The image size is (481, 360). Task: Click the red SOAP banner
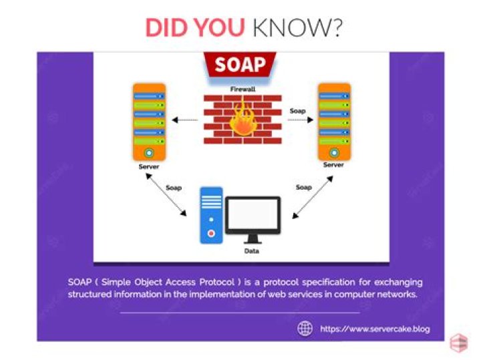pos(240,65)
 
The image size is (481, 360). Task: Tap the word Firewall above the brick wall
pos(243,89)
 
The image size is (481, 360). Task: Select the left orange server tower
pos(149,122)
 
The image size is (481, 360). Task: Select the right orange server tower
pos(335,122)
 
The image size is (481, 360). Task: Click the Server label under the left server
pos(149,167)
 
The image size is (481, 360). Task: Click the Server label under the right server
pos(333,165)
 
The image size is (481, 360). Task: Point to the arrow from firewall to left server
pos(184,120)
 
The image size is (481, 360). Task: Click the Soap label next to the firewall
pos(297,111)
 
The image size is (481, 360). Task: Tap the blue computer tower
pos(211,215)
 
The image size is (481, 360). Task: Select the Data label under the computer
pos(252,251)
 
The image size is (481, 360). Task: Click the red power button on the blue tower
pos(211,234)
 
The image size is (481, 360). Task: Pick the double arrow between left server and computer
pos(166,195)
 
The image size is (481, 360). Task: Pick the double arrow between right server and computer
pos(313,197)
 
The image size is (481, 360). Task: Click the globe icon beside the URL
pos(305,329)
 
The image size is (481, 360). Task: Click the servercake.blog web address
pos(375,329)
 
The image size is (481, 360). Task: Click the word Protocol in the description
pos(217,282)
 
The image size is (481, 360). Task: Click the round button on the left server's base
pos(149,152)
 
